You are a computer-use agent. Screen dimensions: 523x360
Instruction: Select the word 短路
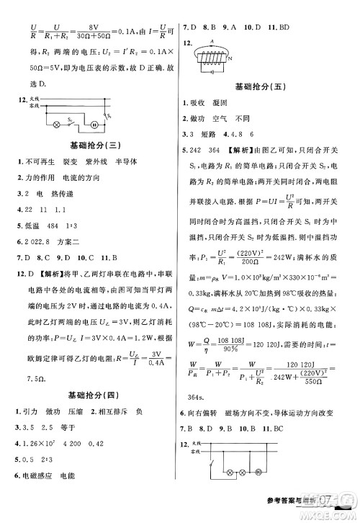pos(214,134)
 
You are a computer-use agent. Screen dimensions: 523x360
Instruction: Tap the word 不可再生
pos(36,161)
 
